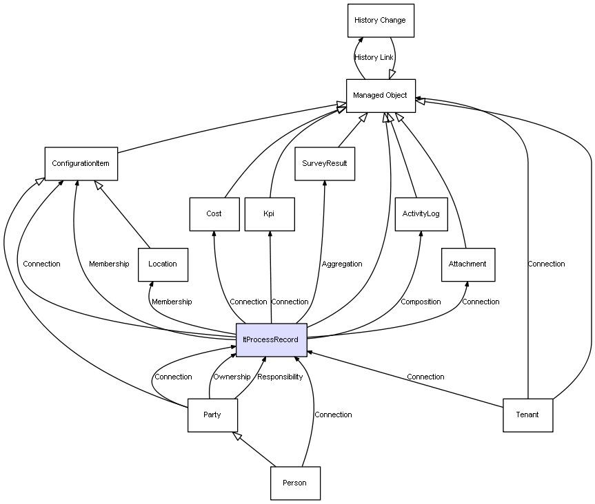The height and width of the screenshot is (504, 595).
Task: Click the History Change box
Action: pos(381,21)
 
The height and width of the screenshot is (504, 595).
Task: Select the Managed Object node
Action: pos(381,96)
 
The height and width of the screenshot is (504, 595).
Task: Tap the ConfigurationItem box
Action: pos(81,164)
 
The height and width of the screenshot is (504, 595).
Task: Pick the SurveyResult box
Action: pos(325,164)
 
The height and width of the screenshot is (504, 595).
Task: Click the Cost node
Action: pos(214,214)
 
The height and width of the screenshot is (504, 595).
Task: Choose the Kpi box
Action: pos(269,214)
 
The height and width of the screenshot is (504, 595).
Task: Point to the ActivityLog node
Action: pos(421,214)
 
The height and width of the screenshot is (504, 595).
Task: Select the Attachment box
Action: pos(467,264)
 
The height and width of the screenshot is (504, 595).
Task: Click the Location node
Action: pos(163,264)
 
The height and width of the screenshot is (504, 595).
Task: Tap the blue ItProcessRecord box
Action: pos(270,340)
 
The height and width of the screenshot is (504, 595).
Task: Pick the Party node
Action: pos(212,415)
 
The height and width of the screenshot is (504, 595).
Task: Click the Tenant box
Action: pos(527,415)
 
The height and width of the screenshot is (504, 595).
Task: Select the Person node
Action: pos(295,483)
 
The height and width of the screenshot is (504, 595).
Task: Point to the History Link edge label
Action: pos(374,58)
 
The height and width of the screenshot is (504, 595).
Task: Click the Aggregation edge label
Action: pos(342,264)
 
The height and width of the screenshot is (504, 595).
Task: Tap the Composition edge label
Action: pos(421,302)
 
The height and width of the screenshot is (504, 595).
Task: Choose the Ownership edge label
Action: pos(232,377)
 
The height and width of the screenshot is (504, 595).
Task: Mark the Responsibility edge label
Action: pos(280,377)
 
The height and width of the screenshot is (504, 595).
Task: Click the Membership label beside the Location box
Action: pos(172,302)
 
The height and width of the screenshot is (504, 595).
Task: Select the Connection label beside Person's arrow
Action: pos(333,415)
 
